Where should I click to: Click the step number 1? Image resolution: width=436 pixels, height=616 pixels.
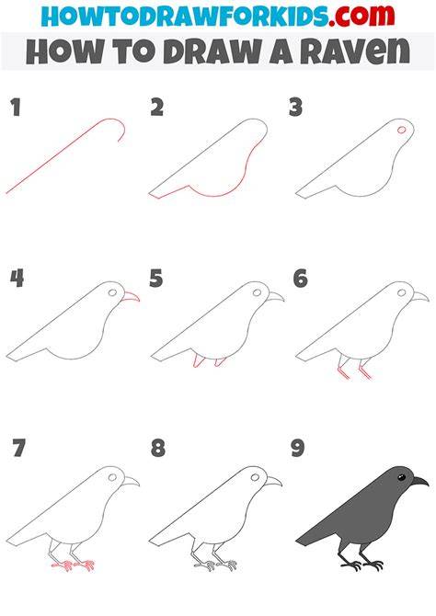coord(16,108)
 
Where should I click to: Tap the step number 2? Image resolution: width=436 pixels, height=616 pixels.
coord(157,108)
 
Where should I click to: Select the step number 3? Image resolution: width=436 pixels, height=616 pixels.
coord(295,108)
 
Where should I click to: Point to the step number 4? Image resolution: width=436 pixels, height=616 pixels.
coord(17,279)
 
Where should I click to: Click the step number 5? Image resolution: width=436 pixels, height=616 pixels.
coord(156,279)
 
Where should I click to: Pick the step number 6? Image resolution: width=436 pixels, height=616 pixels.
coord(300,279)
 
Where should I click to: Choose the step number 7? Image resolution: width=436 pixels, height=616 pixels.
coord(18,449)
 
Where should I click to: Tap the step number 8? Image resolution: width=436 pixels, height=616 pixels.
coord(157,449)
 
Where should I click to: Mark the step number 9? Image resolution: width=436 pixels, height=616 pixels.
coord(298,449)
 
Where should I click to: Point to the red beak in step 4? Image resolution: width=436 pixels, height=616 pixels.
coord(131,297)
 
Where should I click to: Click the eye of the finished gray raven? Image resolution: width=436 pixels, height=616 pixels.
coord(401,477)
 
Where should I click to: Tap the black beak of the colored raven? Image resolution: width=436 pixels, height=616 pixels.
coord(419,481)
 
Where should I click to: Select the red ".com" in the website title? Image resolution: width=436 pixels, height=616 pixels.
coord(361,16)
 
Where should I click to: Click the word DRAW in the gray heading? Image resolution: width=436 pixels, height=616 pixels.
coord(213,51)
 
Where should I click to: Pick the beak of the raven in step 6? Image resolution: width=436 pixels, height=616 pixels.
coord(419,297)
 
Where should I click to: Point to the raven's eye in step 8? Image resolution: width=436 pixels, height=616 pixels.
coord(255,477)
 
